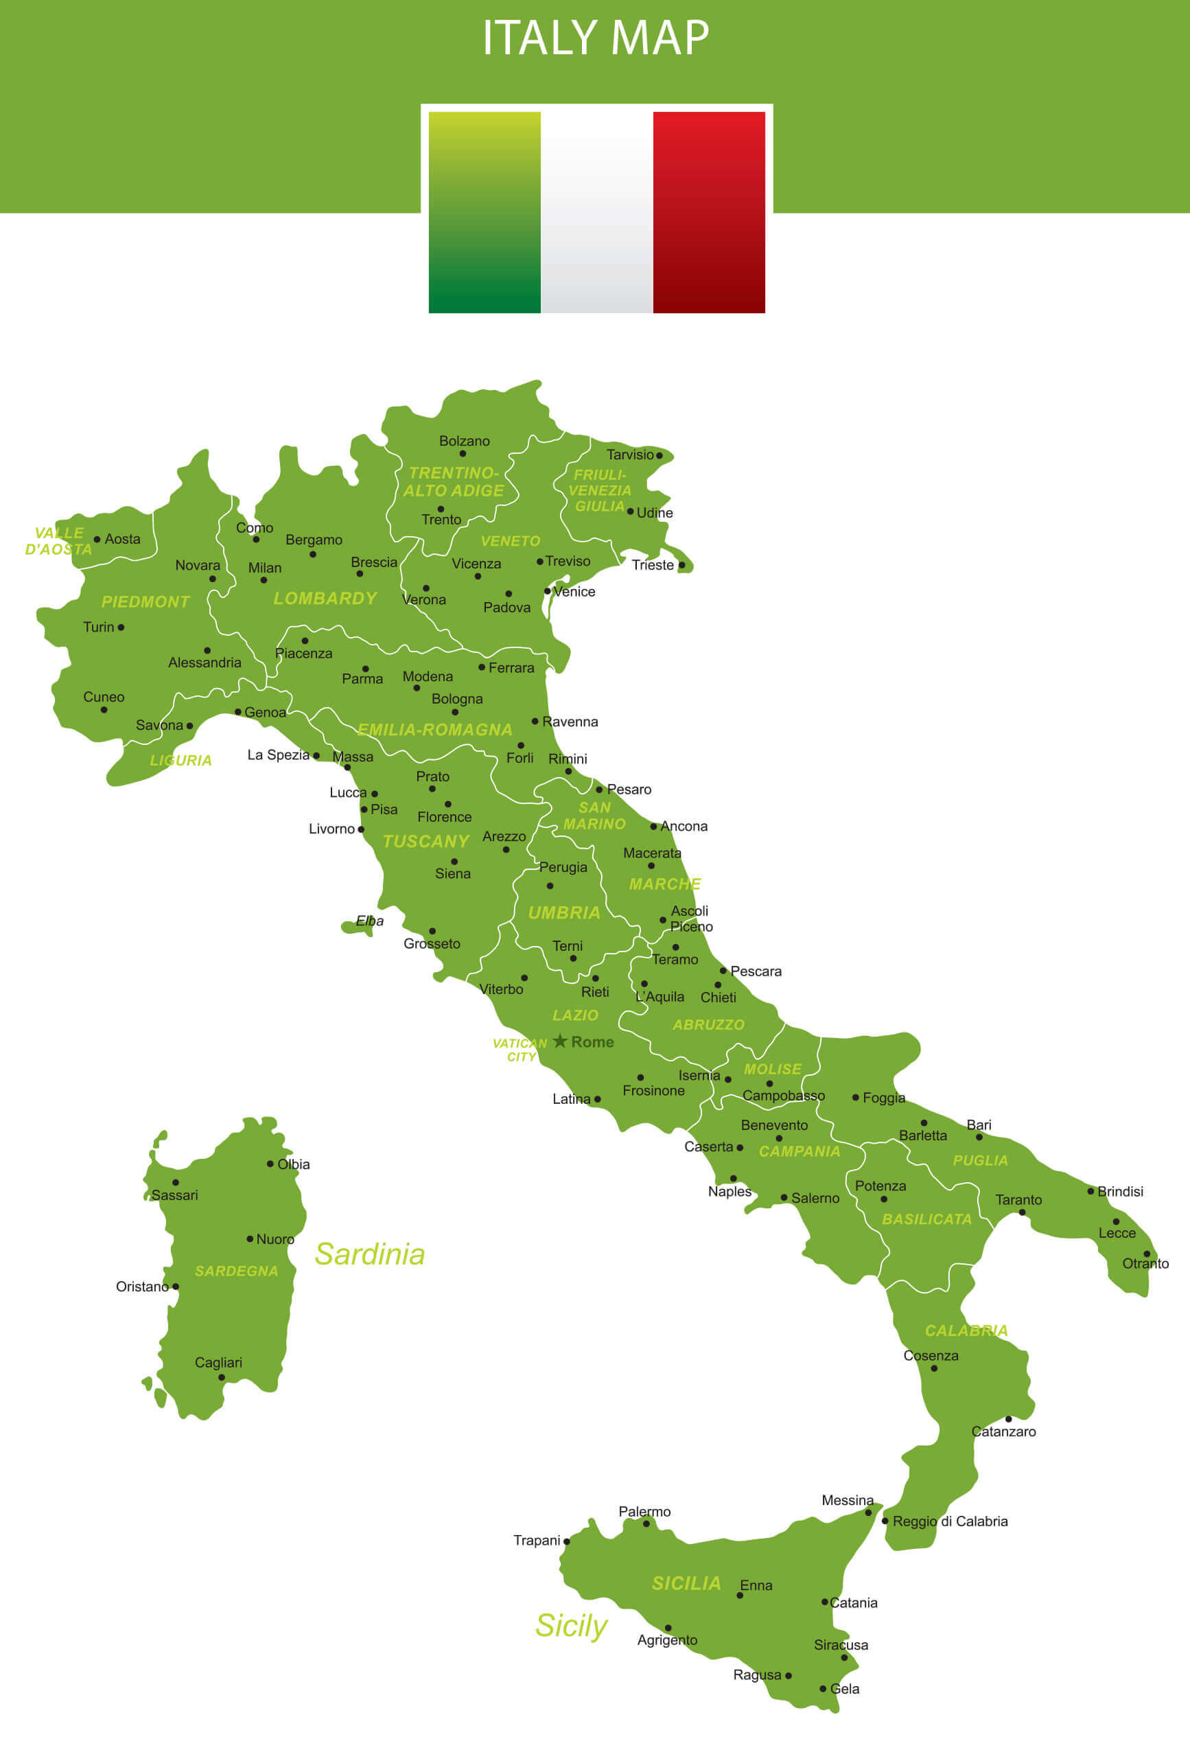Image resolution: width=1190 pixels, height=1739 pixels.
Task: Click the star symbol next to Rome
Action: pyautogui.click(x=559, y=1041)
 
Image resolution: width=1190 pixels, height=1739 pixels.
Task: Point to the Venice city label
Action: pyautogui.click(x=574, y=592)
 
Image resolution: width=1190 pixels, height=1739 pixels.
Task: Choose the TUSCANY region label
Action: pyautogui.click(x=425, y=841)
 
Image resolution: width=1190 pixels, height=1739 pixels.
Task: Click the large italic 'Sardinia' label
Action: pyautogui.click(x=369, y=1254)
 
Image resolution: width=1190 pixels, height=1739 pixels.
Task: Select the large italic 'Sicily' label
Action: pyautogui.click(x=571, y=1625)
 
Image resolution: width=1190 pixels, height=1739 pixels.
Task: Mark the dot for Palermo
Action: pyautogui.click(x=646, y=1523)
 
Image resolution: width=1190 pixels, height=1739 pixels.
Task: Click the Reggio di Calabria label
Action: pyautogui.click(x=950, y=1521)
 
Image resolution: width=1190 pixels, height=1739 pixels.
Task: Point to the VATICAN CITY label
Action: pyautogui.click(x=520, y=1050)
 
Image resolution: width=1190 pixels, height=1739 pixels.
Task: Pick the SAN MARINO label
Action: pyautogui.click(x=594, y=816)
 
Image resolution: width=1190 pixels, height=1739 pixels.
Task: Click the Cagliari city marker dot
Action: pyautogui.click(x=222, y=1378)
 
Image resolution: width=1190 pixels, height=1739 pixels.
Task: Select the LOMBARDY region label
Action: pyautogui.click(x=325, y=599)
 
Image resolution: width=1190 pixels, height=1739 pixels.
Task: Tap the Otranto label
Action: pyautogui.click(x=1145, y=1263)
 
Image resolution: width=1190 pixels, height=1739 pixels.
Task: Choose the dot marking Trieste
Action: pyautogui.click(x=681, y=565)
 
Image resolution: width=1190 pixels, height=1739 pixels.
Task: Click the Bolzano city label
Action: pyautogui.click(x=465, y=441)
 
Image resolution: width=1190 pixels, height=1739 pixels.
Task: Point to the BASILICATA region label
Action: pyautogui.click(x=926, y=1219)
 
